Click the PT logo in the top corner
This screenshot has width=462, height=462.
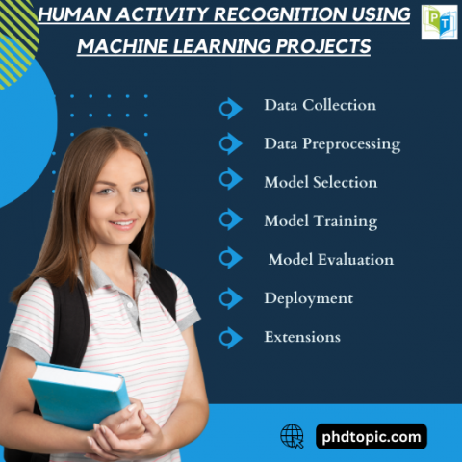click(439, 22)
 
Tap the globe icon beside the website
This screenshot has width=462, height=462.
click(292, 436)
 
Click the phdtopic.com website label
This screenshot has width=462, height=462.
click(371, 437)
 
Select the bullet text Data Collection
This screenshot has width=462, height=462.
click(320, 105)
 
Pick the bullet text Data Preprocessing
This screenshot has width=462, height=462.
click(332, 143)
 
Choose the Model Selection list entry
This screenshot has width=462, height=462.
click(321, 182)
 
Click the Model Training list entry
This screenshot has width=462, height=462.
click(321, 220)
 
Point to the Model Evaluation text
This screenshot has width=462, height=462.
click(330, 259)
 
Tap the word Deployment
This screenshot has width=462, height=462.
click(308, 298)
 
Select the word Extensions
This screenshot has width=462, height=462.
click(302, 337)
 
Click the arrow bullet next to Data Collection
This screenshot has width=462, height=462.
click(230, 107)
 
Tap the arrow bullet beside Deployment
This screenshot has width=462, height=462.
click(230, 298)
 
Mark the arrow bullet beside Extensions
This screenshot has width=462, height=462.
click(230, 337)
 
